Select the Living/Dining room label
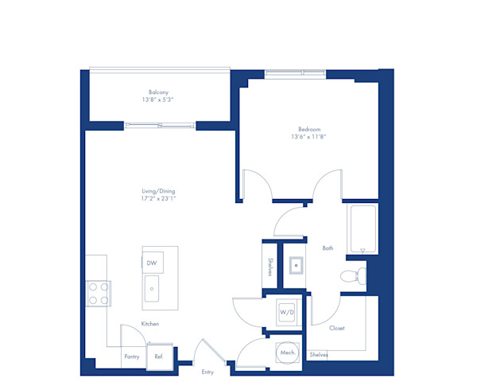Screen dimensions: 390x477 [x=158, y=191]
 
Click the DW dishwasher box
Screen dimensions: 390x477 [x=152, y=263]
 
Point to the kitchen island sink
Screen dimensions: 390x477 [x=152, y=290]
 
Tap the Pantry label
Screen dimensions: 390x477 [x=132, y=357]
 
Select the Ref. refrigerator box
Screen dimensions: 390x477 [x=159, y=357]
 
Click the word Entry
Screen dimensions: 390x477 [x=207, y=372]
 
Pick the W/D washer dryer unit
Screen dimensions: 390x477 [x=286, y=312]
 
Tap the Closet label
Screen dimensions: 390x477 [x=336, y=328]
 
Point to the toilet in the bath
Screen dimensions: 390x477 [x=351, y=276]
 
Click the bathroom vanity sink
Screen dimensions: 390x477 [x=296, y=264]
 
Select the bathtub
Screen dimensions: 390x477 [x=362, y=229]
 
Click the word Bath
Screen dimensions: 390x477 [x=328, y=248]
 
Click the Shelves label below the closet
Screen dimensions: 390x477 [x=318, y=354]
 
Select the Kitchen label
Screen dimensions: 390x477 [x=150, y=324]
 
